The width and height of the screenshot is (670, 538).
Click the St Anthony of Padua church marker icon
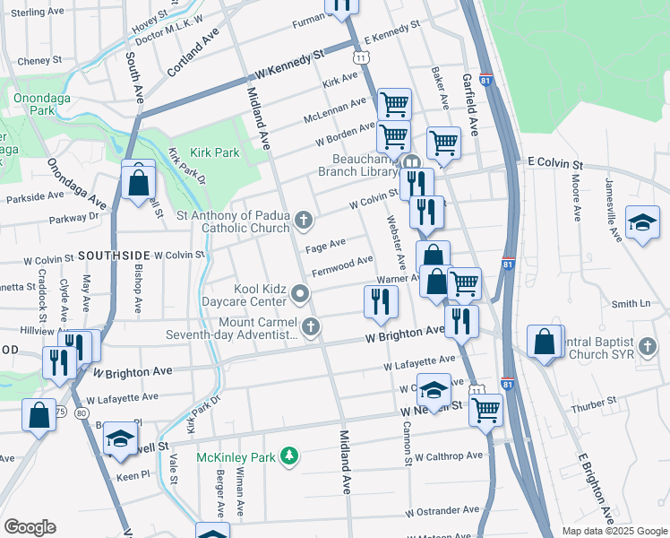[x=305, y=220]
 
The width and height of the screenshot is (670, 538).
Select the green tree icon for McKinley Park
[x=288, y=457]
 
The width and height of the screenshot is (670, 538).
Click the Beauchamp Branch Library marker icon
[x=412, y=163]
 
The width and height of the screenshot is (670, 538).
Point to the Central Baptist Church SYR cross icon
[x=649, y=345]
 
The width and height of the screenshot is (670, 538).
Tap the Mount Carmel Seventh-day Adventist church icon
[x=311, y=326]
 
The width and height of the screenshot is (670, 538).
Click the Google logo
[x=30, y=527]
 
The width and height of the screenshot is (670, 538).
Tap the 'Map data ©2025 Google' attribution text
[x=614, y=531]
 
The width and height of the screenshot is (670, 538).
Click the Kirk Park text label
[x=215, y=153]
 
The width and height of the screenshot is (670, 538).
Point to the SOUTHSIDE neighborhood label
[x=113, y=256]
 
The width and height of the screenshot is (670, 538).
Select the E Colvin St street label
[x=554, y=166]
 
